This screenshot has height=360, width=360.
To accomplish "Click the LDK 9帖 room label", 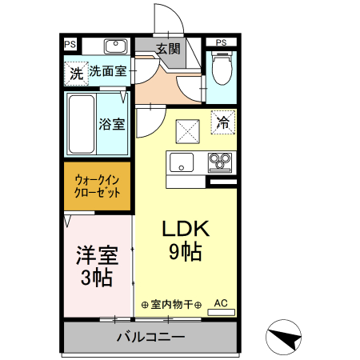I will coord(185,241).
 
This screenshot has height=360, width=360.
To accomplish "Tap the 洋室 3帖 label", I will coord(96,268).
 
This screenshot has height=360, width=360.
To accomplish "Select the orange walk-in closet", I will coord(98,186).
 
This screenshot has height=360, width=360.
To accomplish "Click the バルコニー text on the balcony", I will coord(150,336).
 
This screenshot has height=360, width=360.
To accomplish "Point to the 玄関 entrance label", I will coord(168,49).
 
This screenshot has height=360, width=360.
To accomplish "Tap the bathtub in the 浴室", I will coord(80,124).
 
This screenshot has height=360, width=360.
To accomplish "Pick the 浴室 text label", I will coord(111,124).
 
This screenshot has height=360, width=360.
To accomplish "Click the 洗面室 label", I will coord(107,71).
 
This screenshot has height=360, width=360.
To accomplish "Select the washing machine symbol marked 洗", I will coord(76,74).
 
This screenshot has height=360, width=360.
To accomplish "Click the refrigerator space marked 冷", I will coord(223,123).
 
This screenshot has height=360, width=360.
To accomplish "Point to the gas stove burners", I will coord(219,164).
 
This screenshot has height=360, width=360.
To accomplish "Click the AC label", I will coord(222,303).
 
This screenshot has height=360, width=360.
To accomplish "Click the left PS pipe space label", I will coord(70,43).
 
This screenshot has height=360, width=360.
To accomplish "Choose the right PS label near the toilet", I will coord(221,42).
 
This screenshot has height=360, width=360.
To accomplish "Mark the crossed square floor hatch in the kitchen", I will coord(187,128).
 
